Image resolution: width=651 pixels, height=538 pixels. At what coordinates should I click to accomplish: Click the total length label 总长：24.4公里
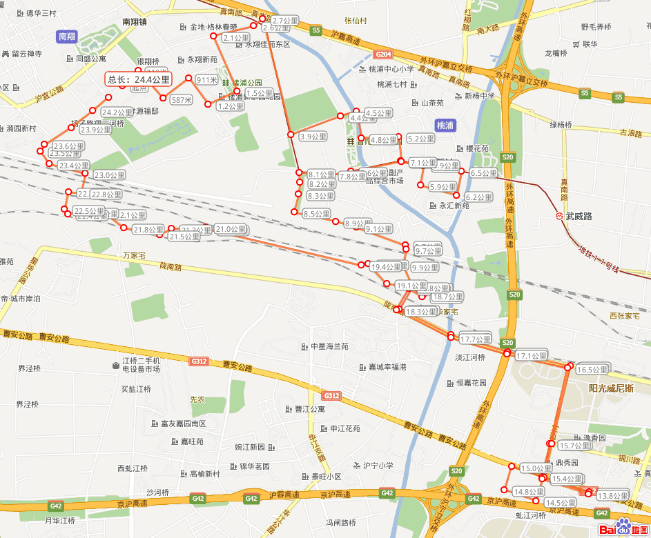[x=139, y=79]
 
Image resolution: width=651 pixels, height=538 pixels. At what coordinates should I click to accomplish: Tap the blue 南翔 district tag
[x=67, y=37]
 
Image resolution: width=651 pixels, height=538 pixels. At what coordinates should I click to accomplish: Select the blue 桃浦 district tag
[x=445, y=126]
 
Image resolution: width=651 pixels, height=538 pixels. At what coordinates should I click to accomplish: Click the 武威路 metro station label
[x=579, y=216]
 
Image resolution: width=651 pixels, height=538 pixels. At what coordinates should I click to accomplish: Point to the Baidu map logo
[x=624, y=528]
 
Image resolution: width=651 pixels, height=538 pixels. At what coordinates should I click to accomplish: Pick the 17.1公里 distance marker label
[x=531, y=356]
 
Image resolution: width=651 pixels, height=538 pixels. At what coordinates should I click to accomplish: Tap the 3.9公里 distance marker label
[x=313, y=137]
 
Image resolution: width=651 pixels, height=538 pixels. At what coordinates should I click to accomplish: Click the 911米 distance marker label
[x=206, y=80]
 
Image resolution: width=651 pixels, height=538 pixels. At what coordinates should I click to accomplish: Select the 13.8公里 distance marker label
[x=612, y=496]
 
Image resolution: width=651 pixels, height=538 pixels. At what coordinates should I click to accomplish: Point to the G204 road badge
[x=384, y=54]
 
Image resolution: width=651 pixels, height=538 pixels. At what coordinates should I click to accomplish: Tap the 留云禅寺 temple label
[x=26, y=54]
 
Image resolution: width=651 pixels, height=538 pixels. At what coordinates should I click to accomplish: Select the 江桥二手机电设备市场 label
[x=141, y=365]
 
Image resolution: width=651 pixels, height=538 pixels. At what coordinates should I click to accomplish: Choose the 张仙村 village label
[x=356, y=21]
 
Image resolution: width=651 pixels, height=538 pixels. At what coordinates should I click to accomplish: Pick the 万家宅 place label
[x=135, y=255]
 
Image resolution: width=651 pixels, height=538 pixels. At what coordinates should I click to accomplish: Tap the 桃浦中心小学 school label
[x=391, y=69]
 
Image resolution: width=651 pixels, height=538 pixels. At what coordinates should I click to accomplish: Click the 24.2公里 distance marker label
[x=117, y=112]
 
